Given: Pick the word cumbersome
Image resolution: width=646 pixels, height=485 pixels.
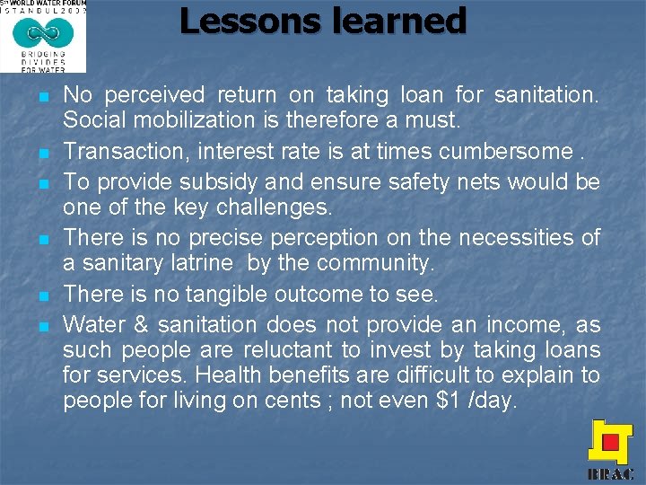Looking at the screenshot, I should (x=516, y=151).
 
